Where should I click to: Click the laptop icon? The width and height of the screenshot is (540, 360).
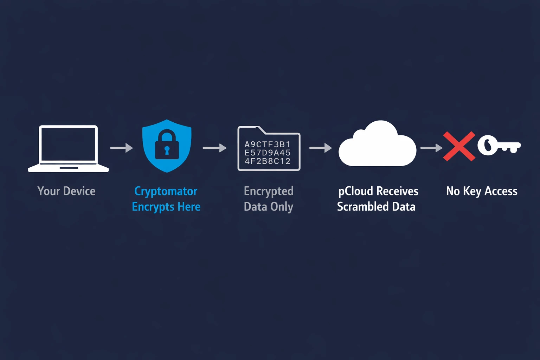[68, 148]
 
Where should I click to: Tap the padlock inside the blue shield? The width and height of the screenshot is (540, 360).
[167, 145]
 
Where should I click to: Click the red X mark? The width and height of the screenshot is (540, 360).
[459, 146]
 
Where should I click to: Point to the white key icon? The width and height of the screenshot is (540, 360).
[499, 145]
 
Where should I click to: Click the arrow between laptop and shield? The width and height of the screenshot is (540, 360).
[122, 148]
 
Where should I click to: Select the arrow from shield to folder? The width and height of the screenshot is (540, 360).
[214, 148]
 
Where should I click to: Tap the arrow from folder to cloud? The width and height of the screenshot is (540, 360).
[320, 148]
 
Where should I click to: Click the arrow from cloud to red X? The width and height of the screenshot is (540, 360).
[431, 148]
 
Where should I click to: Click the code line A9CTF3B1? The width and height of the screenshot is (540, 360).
[268, 144]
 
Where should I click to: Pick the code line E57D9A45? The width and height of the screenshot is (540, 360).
[268, 153]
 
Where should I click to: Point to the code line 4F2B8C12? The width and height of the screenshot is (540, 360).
[268, 161]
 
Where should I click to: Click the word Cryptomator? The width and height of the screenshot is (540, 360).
[166, 191]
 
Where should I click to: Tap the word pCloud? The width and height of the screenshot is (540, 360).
[355, 191]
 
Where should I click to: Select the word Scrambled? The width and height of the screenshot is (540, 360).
[362, 207]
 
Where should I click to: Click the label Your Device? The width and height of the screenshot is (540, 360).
[66, 191]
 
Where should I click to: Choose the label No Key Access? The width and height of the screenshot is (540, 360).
[482, 191]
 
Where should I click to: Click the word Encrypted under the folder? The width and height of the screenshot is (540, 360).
[269, 191]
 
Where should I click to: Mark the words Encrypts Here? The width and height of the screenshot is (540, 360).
[166, 207]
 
